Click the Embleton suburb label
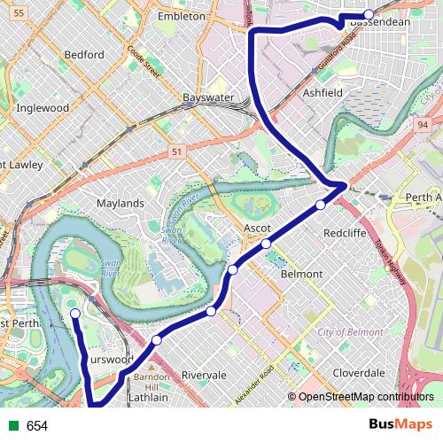coord(181,17)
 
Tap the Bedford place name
coord(84,55)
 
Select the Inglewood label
coord(43,108)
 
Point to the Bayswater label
coord(206,97)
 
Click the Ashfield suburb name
coord(323,92)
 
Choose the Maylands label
coord(120,203)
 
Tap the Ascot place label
coord(256,228)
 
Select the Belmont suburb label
coord(301,275)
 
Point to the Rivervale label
coord(205,375)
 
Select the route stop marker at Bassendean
coord(369,14)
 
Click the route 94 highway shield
coord(422,126)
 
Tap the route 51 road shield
coord(177,152)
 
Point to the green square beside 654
coord(12,426)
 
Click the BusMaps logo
coord(407,425)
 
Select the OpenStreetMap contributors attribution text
coord(365,397)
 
